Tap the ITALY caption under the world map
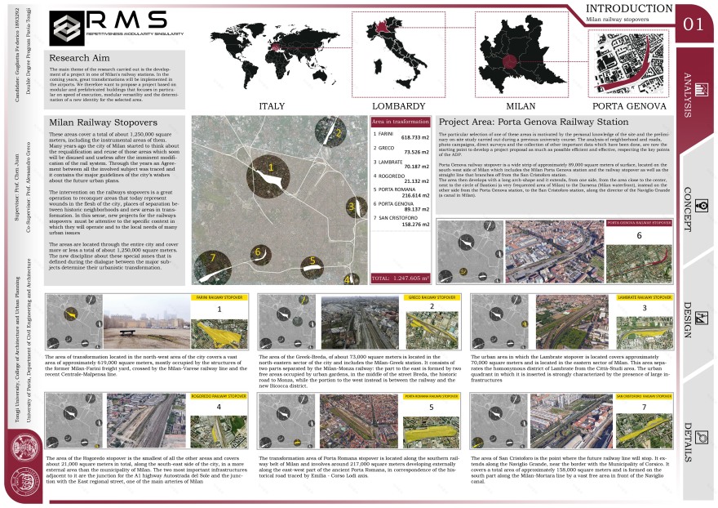[x=272, y=107]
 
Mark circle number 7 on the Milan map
[x=214, y=257]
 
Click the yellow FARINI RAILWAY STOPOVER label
[x=213, y=298]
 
